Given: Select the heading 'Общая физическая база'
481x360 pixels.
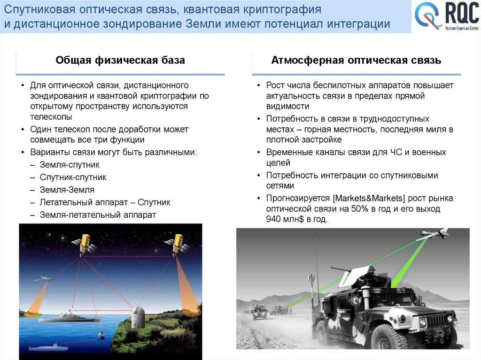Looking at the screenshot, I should (x=120, y=60).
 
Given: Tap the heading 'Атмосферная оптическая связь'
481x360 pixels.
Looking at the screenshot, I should (x=356, y=60).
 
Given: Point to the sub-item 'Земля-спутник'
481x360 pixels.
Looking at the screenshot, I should (x=70, y=165).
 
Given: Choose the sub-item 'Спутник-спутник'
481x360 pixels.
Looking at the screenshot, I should (x=73, y=177).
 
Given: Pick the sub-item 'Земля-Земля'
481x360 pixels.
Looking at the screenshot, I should (x=67, y=190).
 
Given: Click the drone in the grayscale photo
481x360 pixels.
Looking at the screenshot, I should (x=433, y=233).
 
